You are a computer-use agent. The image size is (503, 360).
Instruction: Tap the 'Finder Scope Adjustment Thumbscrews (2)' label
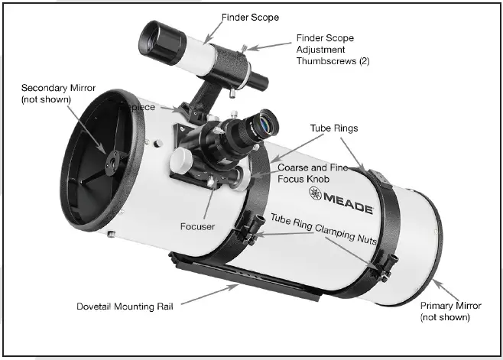pyautogui.click(x=332, y=49)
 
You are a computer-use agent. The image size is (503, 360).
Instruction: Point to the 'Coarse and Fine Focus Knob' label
pyautogui.click(x=313, y=174)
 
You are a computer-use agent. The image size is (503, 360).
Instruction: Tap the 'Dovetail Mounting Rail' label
pyautogui.click(x=125, y=306)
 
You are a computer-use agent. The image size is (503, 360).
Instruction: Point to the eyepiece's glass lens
pyautogui.click(x=265, y=122)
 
